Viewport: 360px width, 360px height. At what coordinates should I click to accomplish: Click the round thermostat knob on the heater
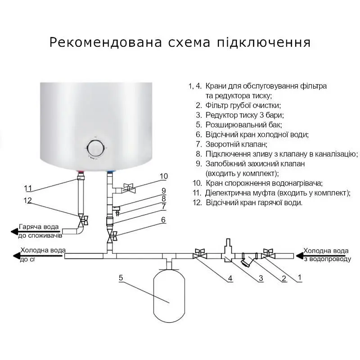[95, 148]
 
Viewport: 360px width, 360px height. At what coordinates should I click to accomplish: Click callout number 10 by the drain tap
[163, 176]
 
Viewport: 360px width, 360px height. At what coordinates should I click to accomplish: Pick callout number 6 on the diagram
[163, 220]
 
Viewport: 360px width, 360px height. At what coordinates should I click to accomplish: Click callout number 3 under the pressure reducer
[260, 279]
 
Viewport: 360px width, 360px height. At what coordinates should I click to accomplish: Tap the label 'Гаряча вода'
[38, 227]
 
